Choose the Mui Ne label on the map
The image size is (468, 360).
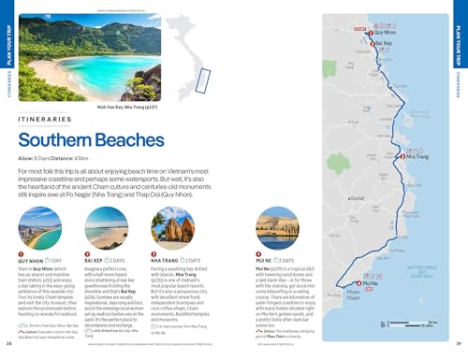click(369, 282)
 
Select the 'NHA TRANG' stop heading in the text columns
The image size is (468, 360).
click(166, 260)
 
